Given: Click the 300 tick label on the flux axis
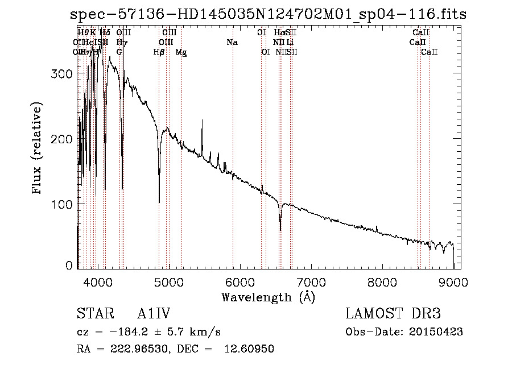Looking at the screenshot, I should (x=64, y=74).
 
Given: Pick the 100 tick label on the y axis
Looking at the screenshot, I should (x=64, y=204).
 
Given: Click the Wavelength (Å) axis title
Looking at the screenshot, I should (x=268, y=297).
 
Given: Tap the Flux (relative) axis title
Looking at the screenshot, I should (x=38, y=149).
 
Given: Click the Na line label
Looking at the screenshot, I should (x=232, y=43).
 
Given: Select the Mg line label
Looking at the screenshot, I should (x=181, y=52).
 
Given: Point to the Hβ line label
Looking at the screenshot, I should (x=159, y=52).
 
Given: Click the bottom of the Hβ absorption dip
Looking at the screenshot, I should (x=159, y=202).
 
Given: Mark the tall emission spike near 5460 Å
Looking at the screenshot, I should (x=202, y=121).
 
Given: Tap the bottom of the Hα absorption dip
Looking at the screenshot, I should (x=280, y=230).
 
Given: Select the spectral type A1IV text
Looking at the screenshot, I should (x=154, y=314).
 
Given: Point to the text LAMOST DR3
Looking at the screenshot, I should (x=393, y=314).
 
